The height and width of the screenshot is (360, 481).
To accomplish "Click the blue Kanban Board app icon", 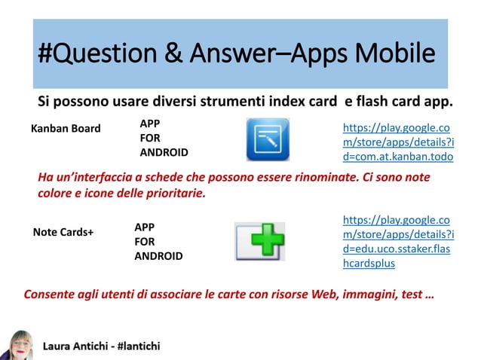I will [268, 140].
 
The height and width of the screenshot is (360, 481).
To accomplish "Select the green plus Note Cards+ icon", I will [259, 241].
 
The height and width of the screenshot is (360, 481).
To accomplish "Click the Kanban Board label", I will [65, 128].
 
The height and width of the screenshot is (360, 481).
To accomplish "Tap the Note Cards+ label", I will [63, 232].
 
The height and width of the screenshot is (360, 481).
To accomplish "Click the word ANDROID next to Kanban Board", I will [164, 153].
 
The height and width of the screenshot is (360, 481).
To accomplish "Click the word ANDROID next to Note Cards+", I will [158, 256].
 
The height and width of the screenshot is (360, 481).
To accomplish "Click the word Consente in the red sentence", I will [50, 294].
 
